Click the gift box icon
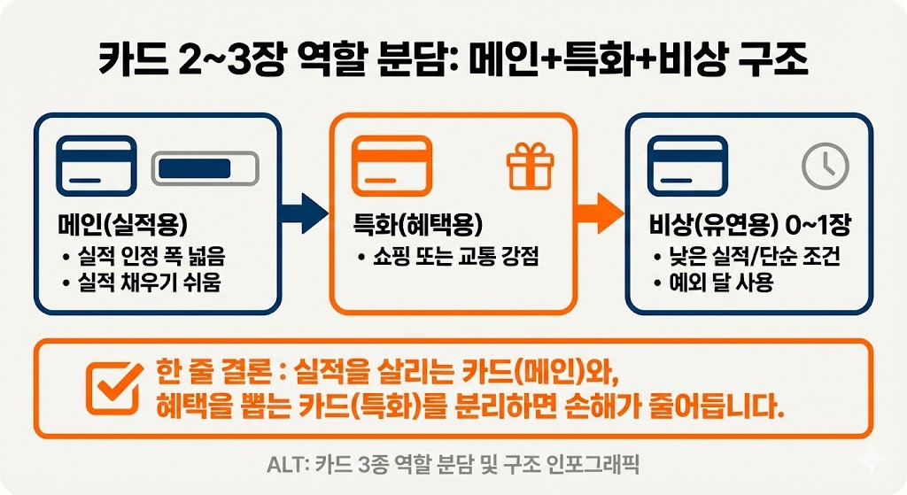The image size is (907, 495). coord(529,165)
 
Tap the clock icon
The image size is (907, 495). coord(825,165)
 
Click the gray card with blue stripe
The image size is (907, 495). coord(205,168)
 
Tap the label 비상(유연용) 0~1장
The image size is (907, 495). coord(749,226)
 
